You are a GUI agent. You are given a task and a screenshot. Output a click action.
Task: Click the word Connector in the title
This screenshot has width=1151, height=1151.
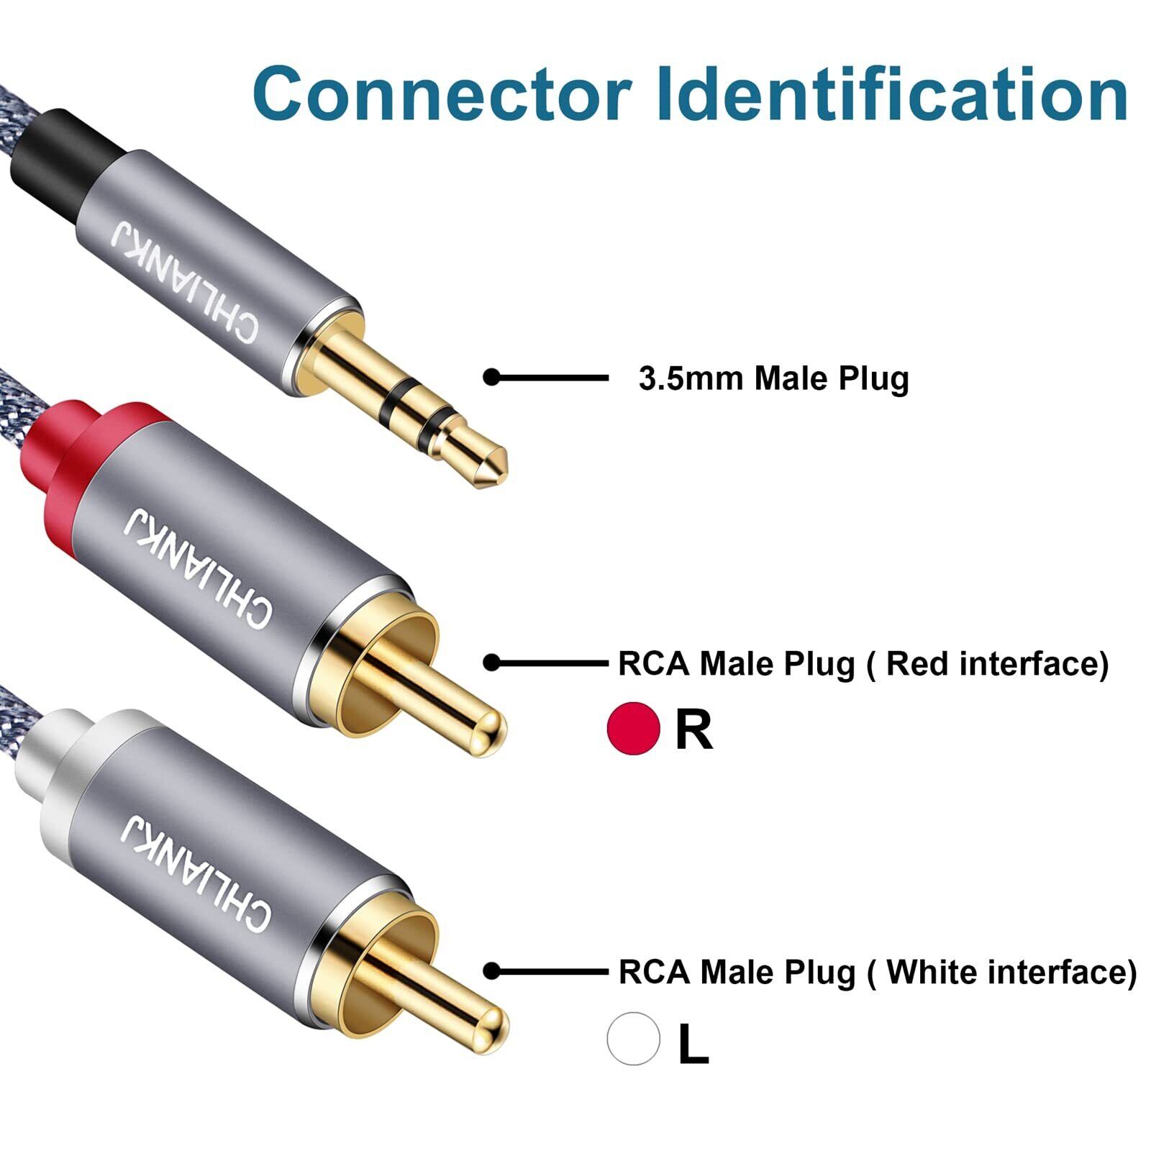click(x=442, y=94)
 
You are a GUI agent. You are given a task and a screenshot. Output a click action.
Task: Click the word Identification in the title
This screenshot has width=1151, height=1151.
click(x=892, y=94)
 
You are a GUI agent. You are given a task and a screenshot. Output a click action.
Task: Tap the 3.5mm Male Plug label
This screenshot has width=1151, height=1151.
click(x=773, y=378)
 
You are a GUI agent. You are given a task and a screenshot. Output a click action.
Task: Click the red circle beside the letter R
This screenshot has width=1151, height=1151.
click(x=634, y=728)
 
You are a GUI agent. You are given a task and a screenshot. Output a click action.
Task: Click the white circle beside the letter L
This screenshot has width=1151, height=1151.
click(x=633, y=1038)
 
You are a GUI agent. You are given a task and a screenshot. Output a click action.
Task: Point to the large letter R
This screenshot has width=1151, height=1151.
click(x=693, y=729)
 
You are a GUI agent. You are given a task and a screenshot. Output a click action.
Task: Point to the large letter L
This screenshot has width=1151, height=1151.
click(x=693, y=1044)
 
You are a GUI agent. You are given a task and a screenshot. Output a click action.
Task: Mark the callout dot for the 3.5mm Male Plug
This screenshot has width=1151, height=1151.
click(x=491, y=377)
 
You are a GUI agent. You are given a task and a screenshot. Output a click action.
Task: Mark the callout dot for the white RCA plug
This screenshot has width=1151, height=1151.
click(x=491, y=971)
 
